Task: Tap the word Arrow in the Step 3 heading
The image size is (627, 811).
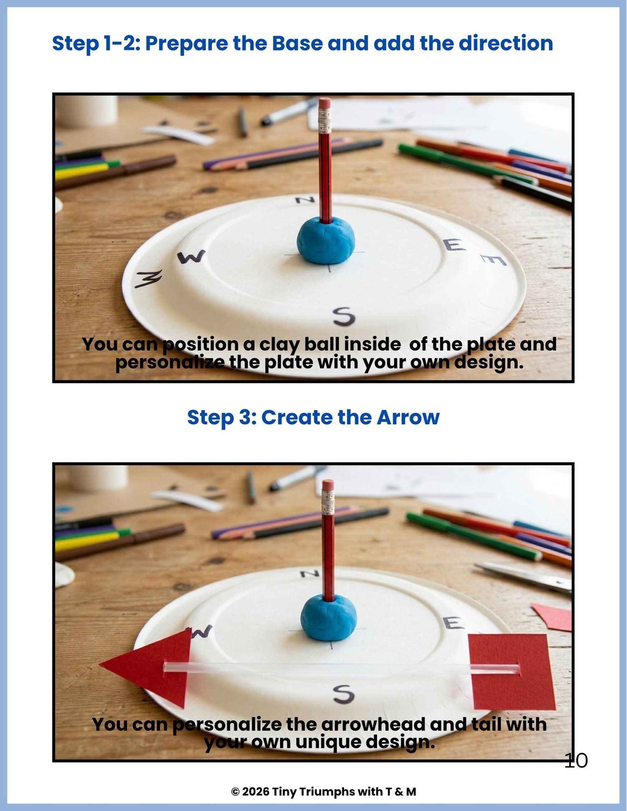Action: [408, 417]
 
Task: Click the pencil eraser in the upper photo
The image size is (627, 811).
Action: [324, 104]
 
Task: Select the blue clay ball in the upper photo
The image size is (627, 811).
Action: [326, 240]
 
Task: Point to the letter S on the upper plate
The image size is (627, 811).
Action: [344, 316]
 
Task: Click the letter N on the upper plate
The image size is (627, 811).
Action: [305, 200]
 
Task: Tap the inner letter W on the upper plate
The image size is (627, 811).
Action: [191, 256]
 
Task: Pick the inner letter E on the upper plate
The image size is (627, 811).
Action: [454, 245]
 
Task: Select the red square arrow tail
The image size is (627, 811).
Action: [512, 672]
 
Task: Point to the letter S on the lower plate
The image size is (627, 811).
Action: [344, 694]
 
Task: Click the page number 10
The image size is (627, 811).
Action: [576, 760]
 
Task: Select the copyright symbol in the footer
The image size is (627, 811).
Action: [235, 792]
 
